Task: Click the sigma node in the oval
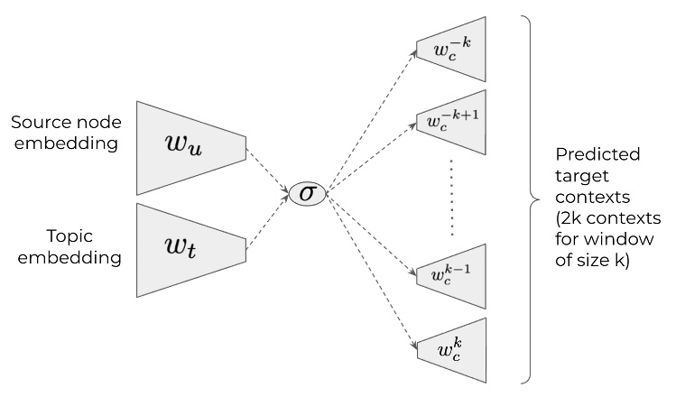point(307,192)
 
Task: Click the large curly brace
point(534,198)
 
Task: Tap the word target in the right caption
point(578,175)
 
